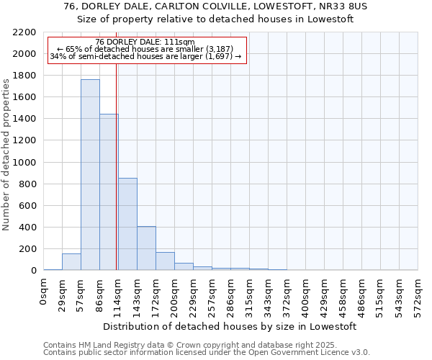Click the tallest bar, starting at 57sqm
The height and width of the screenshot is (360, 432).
click(x=90, y=175)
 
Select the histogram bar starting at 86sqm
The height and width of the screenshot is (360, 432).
click(x=109, y=192)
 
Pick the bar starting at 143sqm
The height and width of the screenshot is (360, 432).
click(x=146, y=248)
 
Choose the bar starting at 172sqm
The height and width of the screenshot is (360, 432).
click(x=165, y=261)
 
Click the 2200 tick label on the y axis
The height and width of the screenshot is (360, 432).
click(x=24, y=32)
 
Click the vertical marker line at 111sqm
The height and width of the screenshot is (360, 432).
click(x=116, y=166)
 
